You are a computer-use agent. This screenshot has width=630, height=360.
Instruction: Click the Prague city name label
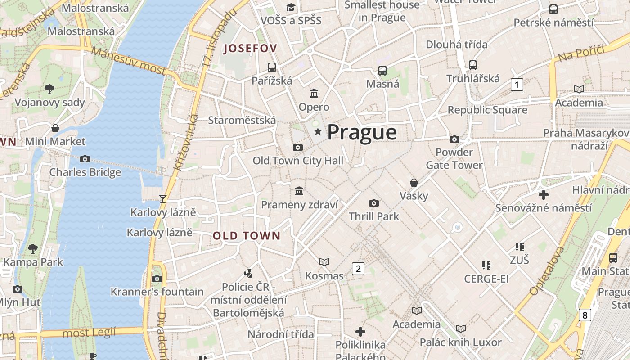[x=362, y=132]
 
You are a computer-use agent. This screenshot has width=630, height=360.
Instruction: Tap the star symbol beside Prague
[x=318, y=132]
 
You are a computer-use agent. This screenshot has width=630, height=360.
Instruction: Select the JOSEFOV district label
[x=251, y=48]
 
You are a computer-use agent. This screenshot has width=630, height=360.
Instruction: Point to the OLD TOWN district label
[x=247, y=235]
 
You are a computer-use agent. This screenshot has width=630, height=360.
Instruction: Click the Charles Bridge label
[x=85, y=172]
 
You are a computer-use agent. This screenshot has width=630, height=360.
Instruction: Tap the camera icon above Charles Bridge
[x=85, y=159]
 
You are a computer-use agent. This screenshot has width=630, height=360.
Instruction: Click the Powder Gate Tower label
[x=454, y=159]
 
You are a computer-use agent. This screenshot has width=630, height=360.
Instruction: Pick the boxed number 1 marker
[x=517, y=84]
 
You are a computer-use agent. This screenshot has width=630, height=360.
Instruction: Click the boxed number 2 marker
[x=358, y=269]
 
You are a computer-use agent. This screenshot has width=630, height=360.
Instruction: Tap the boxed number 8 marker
[x=585, y=315]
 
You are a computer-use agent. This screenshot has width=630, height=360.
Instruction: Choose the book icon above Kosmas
[x=324, y=262]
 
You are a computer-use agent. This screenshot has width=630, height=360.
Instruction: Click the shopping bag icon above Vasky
[x=414, y=183]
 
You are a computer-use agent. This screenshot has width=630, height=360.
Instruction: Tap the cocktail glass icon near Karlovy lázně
[x=163, y=198]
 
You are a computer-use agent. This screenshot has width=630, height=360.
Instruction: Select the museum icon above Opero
[x=314, y=94]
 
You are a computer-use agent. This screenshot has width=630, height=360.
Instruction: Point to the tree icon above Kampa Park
[x=33, y=248]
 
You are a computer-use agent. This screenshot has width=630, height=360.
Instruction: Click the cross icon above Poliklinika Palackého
[x=360, y=332]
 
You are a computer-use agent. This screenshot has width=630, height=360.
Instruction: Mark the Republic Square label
[x=487, y=110]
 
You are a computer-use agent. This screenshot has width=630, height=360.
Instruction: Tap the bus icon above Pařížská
[x=272, y=67]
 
